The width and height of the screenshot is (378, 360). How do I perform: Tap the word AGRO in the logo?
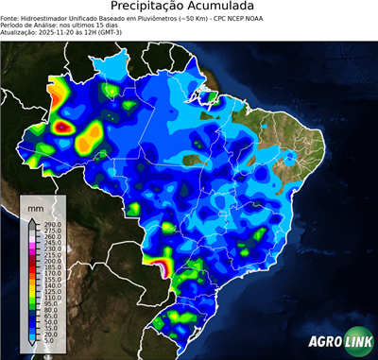pos(326,341)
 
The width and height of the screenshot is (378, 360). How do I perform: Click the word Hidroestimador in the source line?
pos(56,18)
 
